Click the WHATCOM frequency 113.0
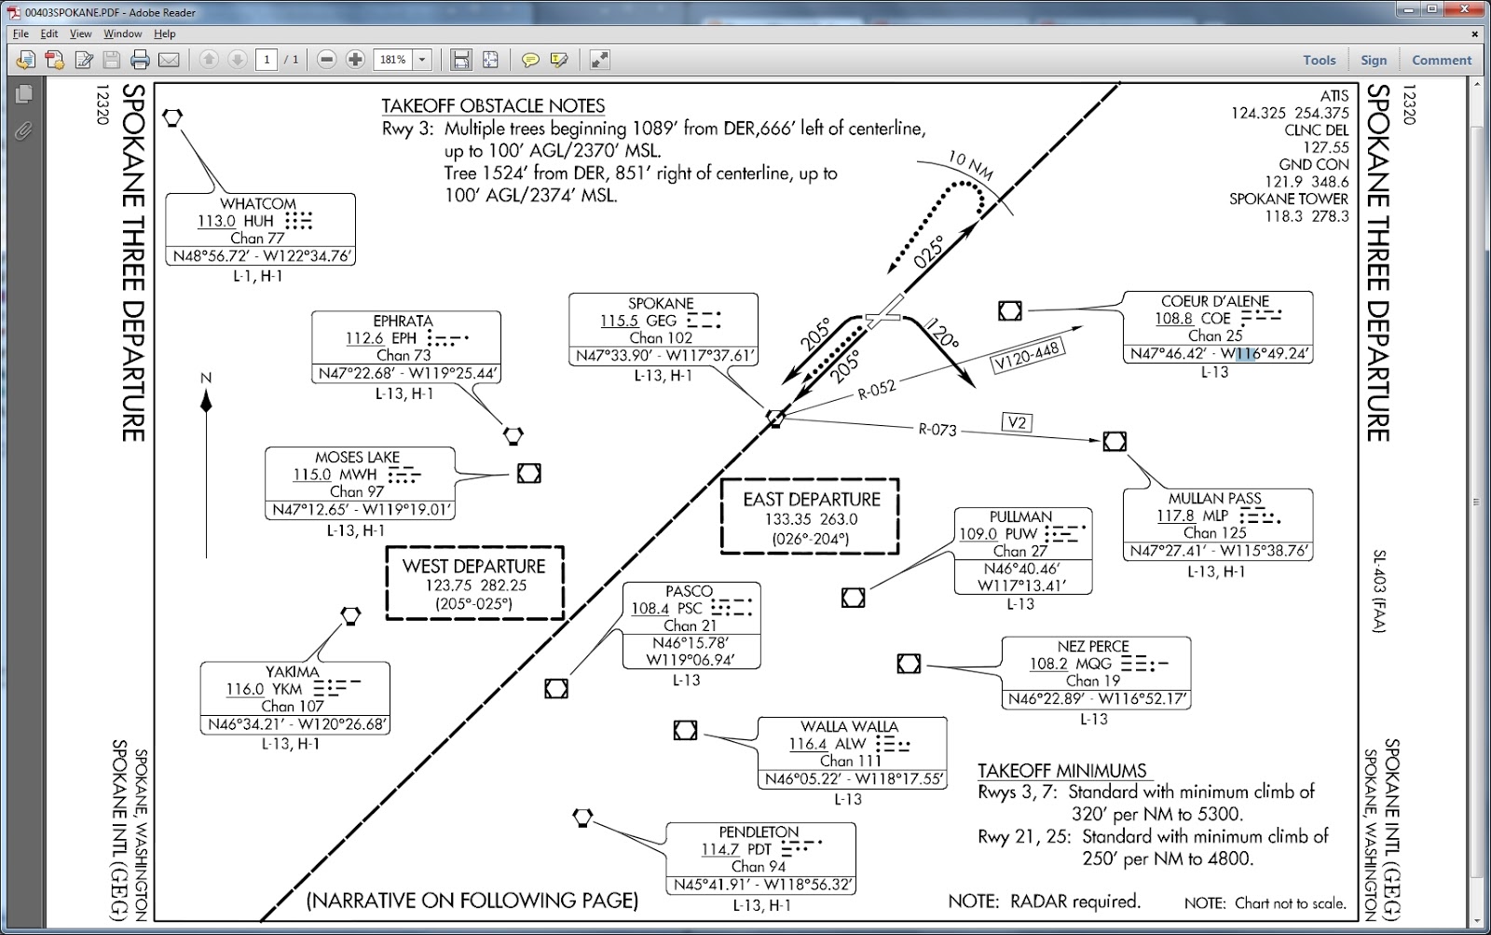click(x=216, y=220)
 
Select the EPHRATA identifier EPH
click(x=404, y=338)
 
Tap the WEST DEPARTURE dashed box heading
click(x=474, y=566)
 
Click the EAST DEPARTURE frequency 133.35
click(x=787, y=519)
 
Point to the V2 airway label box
click(x=1017, y=422)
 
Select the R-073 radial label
click(x=937, y=430)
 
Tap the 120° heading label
click(x=942, y=332)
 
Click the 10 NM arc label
click(x=970, y=165)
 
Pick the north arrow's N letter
click(x=206, y=378)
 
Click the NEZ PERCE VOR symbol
click(x=909, y=664)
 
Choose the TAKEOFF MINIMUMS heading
click(x=1062, y=771)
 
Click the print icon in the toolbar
click(x=140, y=60)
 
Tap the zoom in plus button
click(x=355, y=60)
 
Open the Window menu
click(x=122, y=34)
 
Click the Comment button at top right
click(x=1442, y=60)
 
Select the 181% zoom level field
click(x=392, y=60)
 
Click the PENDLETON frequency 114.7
click(x=720, y=849)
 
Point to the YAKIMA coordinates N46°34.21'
click(x=247, y=724)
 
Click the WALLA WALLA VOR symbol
click(x=685, y=730)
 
